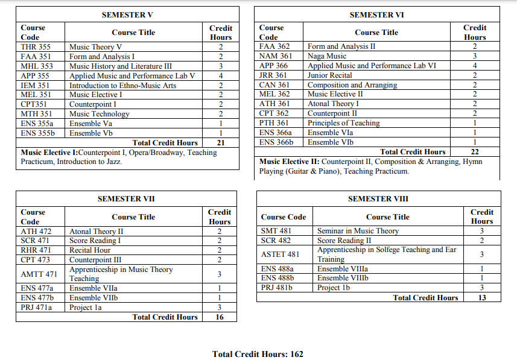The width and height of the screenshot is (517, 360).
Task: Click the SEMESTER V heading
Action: pyautogui.click(x=127, y=14)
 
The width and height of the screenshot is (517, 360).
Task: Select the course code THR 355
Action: pyautogui.click(x=36, y=47)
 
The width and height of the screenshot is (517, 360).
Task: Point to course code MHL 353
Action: pyautogui.click(x=37, y=66)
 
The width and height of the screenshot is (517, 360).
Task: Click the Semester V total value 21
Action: pyautogui.click(x=221, y=143)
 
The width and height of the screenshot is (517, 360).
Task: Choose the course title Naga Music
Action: pyautogui.click(x=327, y=56)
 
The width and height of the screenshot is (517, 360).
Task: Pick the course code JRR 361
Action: pyautogui.click(x=273, y=75)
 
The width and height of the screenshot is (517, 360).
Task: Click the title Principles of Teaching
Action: pyautogui.click(x=343, y=123)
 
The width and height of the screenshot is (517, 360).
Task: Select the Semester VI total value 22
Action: pyautogui.click(x=474, y=152)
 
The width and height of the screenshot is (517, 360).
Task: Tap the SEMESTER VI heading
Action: pyautogui.click(x=376, y=14)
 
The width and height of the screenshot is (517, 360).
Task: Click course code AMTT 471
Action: pyautogui.click(x=39, y=274)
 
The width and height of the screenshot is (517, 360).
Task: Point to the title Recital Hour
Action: pyautogui.click(x=90, y=250)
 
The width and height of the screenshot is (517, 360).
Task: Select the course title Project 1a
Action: pyautogui.click(x=86, y=308)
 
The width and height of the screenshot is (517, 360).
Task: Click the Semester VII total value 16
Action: pyautogui.click(x=220, y=317)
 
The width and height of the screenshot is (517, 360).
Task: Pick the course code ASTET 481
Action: pyautogui.click(x=280, y=254)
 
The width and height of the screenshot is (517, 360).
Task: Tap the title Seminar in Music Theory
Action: pyautogui.click(x=358, y=231)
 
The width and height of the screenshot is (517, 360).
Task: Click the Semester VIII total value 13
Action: pyautogui.click(x=481, y=298)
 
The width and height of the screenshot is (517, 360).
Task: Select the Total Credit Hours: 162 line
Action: pyautogui.click(x=258, y=354)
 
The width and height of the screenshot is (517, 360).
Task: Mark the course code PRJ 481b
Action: pyautogui.click(x=276, y=288)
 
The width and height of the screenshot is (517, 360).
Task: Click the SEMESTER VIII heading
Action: pyautogui.click(x=378, y=199)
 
